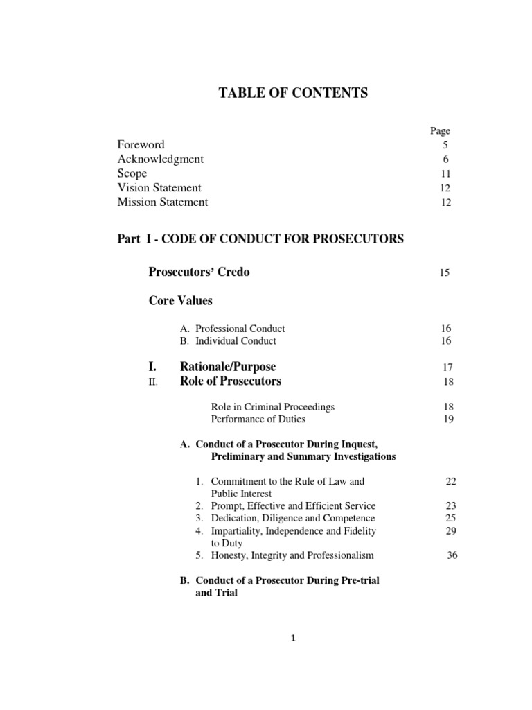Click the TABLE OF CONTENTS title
pyautogui.click(x=294, y=93)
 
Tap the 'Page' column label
pyautogui.click(x=440, y=130)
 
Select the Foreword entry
pyautogui.click(x=141, y=145)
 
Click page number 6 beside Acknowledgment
pyautogui.click(x=446, y=159)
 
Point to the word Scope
pyautogui.click(x=132, y=173)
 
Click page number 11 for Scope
pyautogui.click(x=445, y=174)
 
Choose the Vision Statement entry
pyautogui.click(x=159, y=188)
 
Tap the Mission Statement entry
pyautogui.click(x=163, y=202)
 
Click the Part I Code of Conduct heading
pyautogui.click(x=260, y=239)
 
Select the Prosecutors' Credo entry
pyautogui.click(x=199, y=272)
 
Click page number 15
pyautogui.click(x=445, y=272)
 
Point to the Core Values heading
pyautogui.click(x=181, y=301)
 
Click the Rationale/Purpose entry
pyautogui.click(x=228, y=366)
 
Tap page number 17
pyautogui.click(x=447, y=367)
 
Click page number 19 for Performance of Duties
pyautogui.click(x=447, y=419)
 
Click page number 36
pyautogui.click(x=452, y=555)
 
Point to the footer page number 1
pyautogui.click(x=294, y=639)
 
